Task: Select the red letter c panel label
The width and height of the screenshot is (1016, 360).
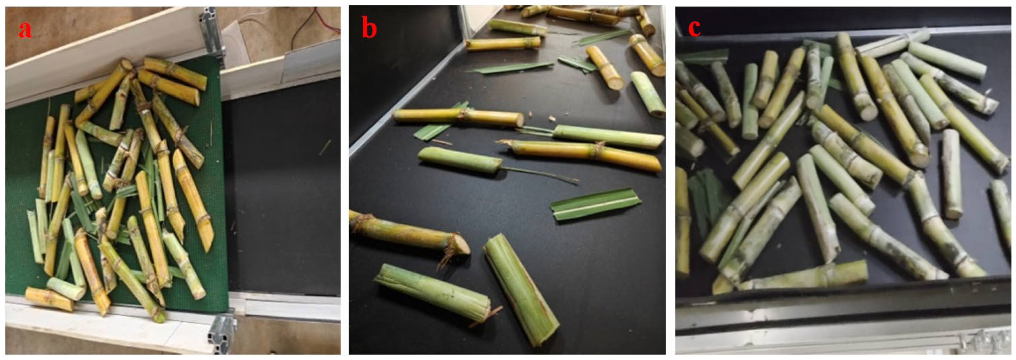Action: click(695, 27)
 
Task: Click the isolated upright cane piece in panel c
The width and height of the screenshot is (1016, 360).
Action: click(952, 174)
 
